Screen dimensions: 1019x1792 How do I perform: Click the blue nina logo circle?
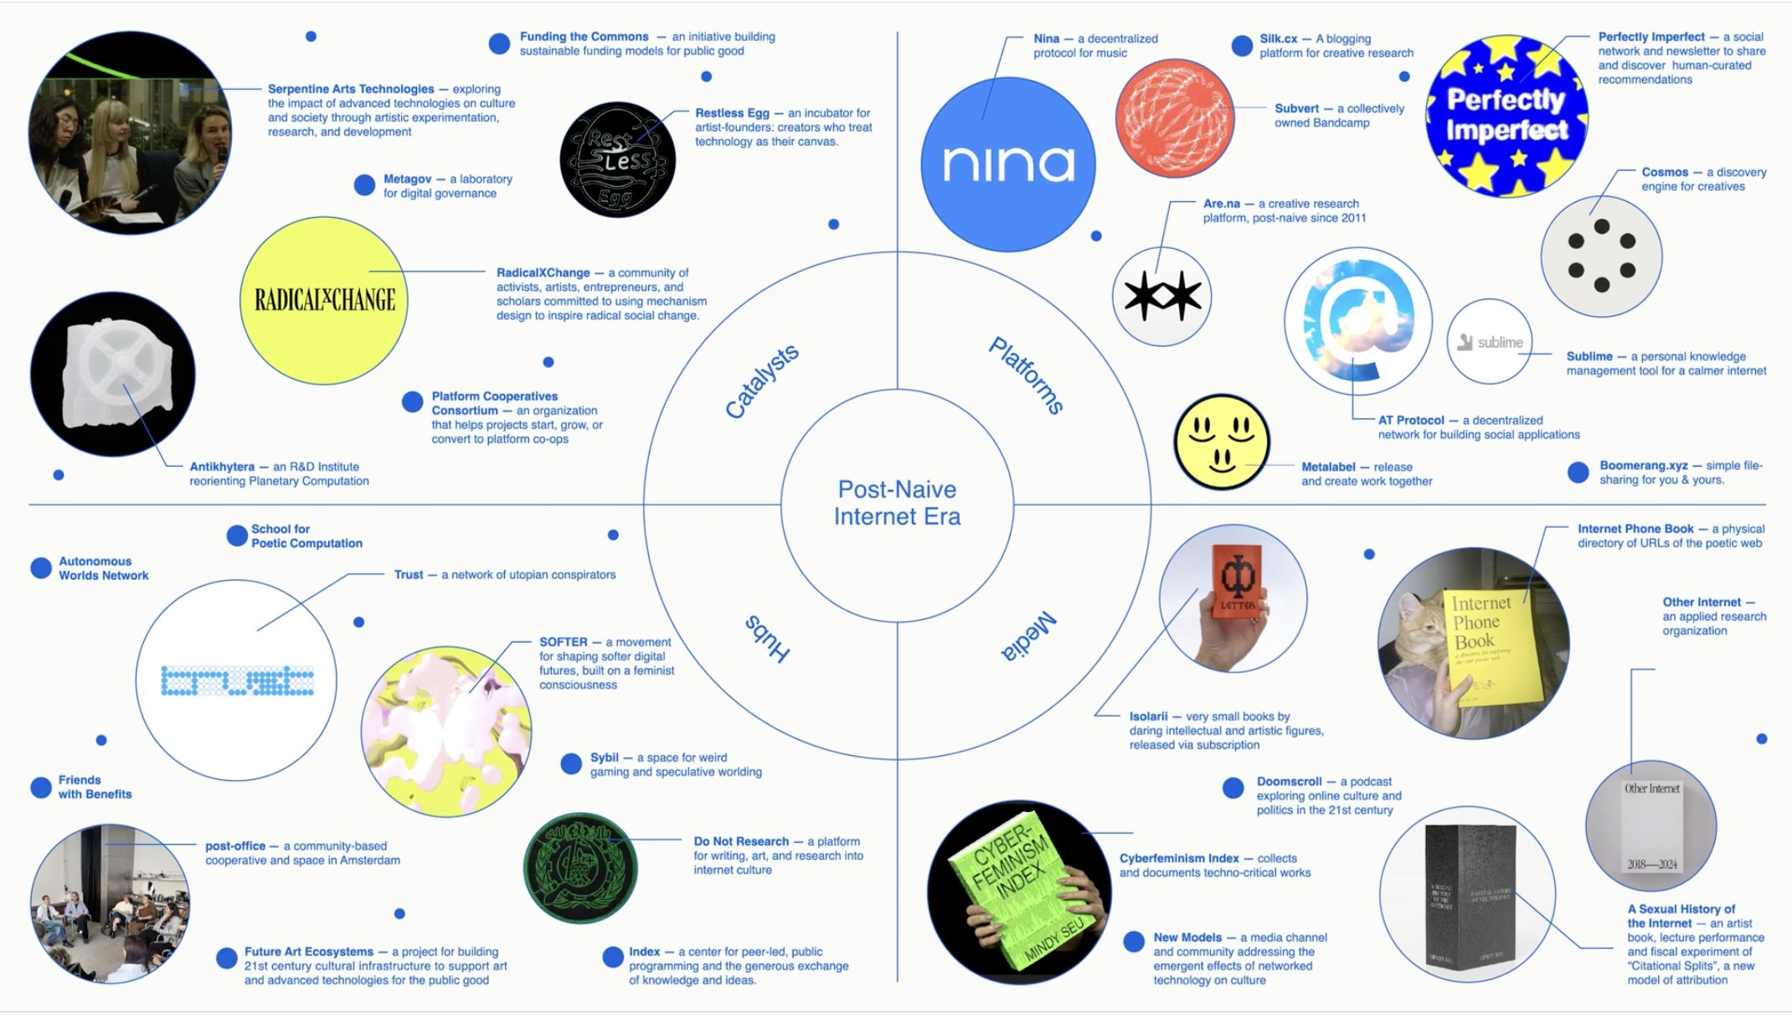click(1007, 164)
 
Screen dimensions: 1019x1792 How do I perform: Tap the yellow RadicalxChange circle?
click(324, 300)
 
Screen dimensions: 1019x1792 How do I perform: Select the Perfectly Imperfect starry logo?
click(1506, 116)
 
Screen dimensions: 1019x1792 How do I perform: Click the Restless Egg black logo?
click(617, 160)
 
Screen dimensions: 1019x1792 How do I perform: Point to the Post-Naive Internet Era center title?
click(897, 503)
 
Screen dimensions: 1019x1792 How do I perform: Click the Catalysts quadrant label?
click(761, 381)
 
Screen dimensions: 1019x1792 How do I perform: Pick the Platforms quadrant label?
click(1027, 375)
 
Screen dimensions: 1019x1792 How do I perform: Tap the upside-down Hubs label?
click(767, 639)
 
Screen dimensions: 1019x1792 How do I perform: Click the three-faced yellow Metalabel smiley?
click(1222, 442)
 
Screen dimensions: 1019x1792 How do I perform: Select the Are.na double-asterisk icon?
click(1162, 296)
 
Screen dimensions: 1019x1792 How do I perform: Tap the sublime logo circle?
click(1490, 342)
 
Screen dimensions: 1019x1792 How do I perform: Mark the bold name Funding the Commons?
click(584, 37)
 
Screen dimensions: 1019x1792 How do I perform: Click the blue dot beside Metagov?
click(364, 185)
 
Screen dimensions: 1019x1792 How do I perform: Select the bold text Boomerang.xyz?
click(1643, 465)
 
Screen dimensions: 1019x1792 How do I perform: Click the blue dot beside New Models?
click(1134, 941)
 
